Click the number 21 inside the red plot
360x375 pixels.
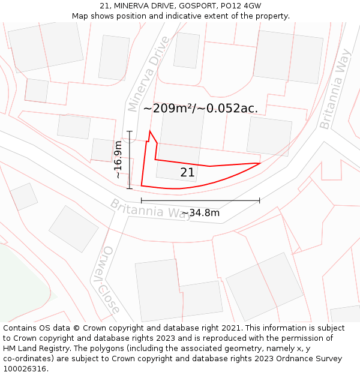tap(187, 173)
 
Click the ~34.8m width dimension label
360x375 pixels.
tap(200, 213)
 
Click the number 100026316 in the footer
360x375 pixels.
tap(25, 369)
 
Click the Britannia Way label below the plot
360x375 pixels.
tap(150, 209)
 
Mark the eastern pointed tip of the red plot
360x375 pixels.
tap(260, 163)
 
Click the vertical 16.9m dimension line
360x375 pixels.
tap(130, 160)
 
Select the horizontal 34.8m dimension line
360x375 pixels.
tap(200, 200)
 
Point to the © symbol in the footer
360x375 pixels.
tap(77, 328)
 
